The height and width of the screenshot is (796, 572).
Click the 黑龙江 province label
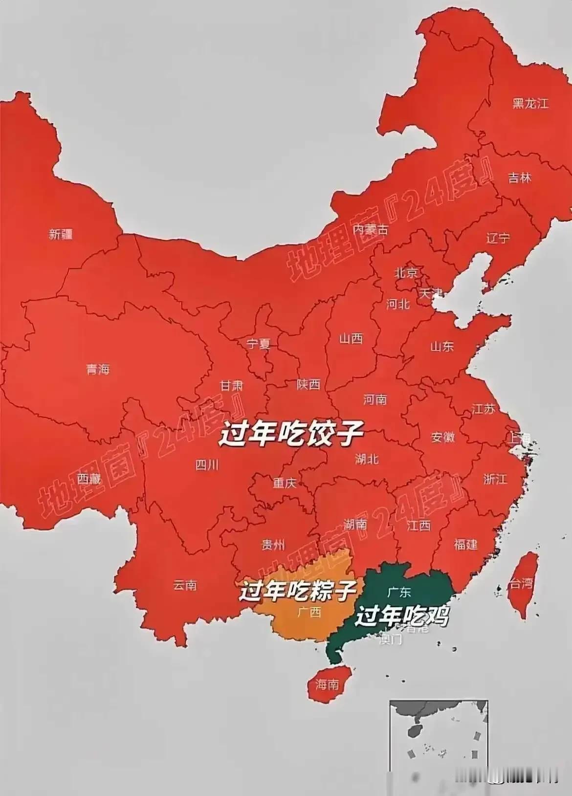530,103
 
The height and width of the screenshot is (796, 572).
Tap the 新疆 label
61,234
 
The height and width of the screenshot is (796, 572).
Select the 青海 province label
98,369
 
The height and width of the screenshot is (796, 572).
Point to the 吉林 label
519,177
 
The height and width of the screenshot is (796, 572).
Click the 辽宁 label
498,238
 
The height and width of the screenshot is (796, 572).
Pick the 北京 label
406,272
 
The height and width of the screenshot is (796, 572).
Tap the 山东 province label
442,346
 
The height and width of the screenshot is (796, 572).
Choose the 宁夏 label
258,344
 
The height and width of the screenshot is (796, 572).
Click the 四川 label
207,464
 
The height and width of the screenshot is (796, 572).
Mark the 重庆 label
285,483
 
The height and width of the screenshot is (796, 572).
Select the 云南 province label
185,585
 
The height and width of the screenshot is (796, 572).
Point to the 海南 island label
327,685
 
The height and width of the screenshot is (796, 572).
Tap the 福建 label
465,544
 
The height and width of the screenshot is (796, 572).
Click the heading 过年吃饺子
291,433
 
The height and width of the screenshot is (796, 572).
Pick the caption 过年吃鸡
401,616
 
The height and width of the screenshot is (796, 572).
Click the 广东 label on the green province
399,592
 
